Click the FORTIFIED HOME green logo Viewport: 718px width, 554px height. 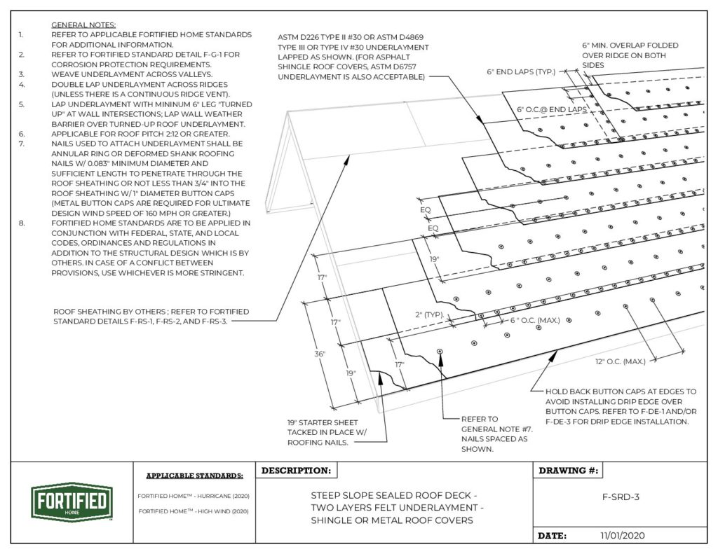[x=69, y=501]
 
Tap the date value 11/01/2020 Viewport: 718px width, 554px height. [x=621, y=535]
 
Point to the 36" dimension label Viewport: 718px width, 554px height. [x=319, y=354]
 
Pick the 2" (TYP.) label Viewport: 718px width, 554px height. [x=428, y=314]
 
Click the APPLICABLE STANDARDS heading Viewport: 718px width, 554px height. [x=194, y=476]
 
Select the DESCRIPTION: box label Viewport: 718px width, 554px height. [x=295, y=471]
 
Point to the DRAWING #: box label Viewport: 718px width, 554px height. [x=569, y=471]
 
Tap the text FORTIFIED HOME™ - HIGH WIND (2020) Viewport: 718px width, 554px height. [x=194, y=512]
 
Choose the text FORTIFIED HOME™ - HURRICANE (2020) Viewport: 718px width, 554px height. [x=194, y=496]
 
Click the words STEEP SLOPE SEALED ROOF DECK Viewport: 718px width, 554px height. [x=396, y=495]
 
